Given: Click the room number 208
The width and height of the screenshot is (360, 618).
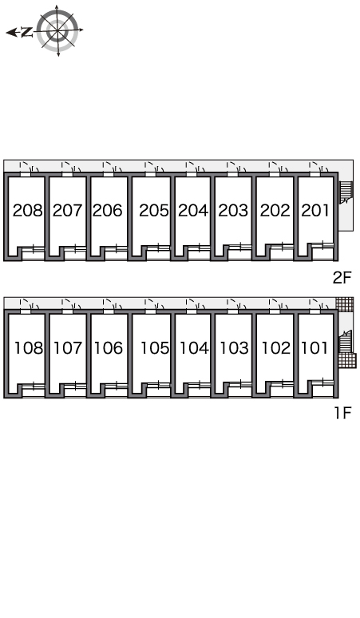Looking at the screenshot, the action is pos(28,211).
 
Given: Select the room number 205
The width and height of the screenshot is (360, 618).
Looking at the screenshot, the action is pos(154,211).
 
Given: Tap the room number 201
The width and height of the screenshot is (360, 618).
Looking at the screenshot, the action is pos(315,211).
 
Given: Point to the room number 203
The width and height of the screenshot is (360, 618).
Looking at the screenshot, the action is pos(234,211).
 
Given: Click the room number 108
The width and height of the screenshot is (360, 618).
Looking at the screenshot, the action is pos(29,348).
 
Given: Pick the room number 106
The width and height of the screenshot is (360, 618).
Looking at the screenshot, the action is pos(109,348).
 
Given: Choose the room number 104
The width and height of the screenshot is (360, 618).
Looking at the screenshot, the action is pos(194,348).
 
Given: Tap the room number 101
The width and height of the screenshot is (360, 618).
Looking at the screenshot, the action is pos(315,348).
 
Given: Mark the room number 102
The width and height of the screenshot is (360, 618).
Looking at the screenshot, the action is pos(276,348).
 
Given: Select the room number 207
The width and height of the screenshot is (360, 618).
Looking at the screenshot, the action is pos(67,211).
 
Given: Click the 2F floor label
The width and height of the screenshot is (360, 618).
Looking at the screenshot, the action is pos(342,278).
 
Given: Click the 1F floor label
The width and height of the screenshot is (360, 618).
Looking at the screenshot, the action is pos(342,413).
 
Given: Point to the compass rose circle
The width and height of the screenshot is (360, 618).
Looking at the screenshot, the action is pos(57,30).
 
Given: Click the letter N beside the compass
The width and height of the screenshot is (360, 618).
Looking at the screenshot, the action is pos(27,32).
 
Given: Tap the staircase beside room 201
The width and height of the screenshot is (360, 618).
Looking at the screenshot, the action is pos(346,192).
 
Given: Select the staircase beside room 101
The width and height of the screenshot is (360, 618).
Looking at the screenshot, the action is pos(345,342).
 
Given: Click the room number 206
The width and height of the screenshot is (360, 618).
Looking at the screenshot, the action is pos(107,211).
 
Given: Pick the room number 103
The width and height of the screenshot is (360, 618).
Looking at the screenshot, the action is pos(235,348).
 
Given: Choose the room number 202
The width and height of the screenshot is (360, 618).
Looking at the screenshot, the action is pos(275,211).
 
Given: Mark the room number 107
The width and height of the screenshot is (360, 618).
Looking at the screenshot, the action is pos(68,348).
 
